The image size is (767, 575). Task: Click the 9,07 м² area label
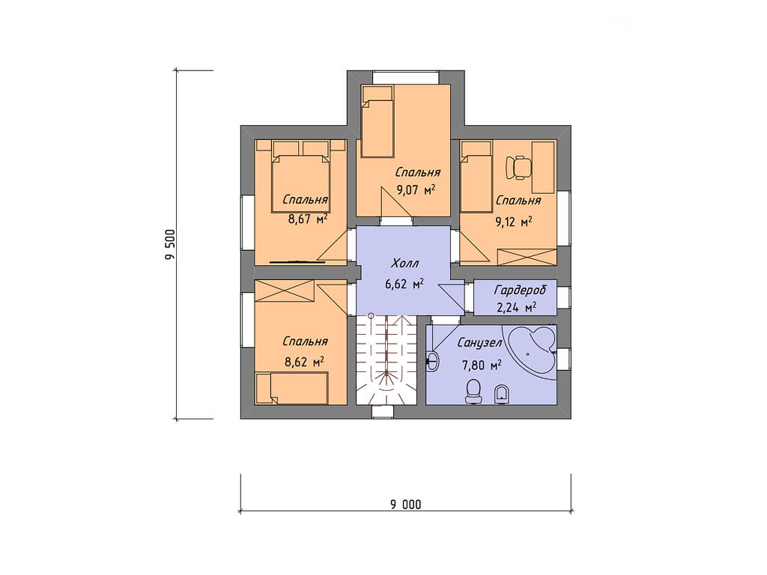point(416,190)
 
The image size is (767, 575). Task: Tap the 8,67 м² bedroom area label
point(308,219)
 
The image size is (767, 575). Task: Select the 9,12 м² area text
point(514,222)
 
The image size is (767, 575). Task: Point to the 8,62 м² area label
point(304,362)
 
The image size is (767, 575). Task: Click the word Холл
point(405,264)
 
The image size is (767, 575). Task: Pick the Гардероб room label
point(520,290)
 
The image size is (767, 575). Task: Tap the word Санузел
point(479,343)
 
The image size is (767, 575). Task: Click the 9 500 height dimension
point(170,245)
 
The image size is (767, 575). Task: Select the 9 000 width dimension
point(405,504)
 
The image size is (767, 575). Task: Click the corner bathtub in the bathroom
point(532,349)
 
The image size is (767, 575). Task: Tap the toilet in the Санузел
point(473,392)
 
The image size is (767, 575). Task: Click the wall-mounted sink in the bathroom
point(432,362)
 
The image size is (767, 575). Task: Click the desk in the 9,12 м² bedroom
point(543,167)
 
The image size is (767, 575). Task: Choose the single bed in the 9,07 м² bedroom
point(378,122)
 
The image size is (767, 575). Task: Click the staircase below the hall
point(386,360)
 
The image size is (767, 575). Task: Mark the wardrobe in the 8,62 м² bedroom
point(284,290)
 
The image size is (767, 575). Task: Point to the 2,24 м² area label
point(517,308)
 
